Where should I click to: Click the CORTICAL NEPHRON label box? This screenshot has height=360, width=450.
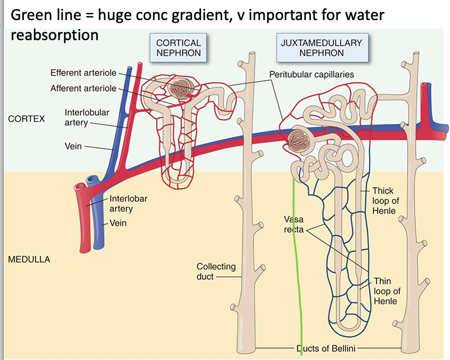point(179,48)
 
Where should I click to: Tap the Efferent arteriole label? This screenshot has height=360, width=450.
point(83,72)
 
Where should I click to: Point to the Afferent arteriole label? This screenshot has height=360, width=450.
point(83,88)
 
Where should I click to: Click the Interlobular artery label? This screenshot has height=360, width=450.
point(79,117)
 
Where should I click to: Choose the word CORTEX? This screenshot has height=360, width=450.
point(26,119)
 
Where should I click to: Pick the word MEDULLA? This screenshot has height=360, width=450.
point(29,260)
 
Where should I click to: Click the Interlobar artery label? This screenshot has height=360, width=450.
point(128,204)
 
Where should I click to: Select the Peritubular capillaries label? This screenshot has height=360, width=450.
point(312,74)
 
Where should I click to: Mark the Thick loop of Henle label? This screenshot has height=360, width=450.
point(383,201)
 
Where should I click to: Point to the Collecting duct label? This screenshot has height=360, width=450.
point(216,271)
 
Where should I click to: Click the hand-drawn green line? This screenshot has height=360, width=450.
point(297,264)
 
